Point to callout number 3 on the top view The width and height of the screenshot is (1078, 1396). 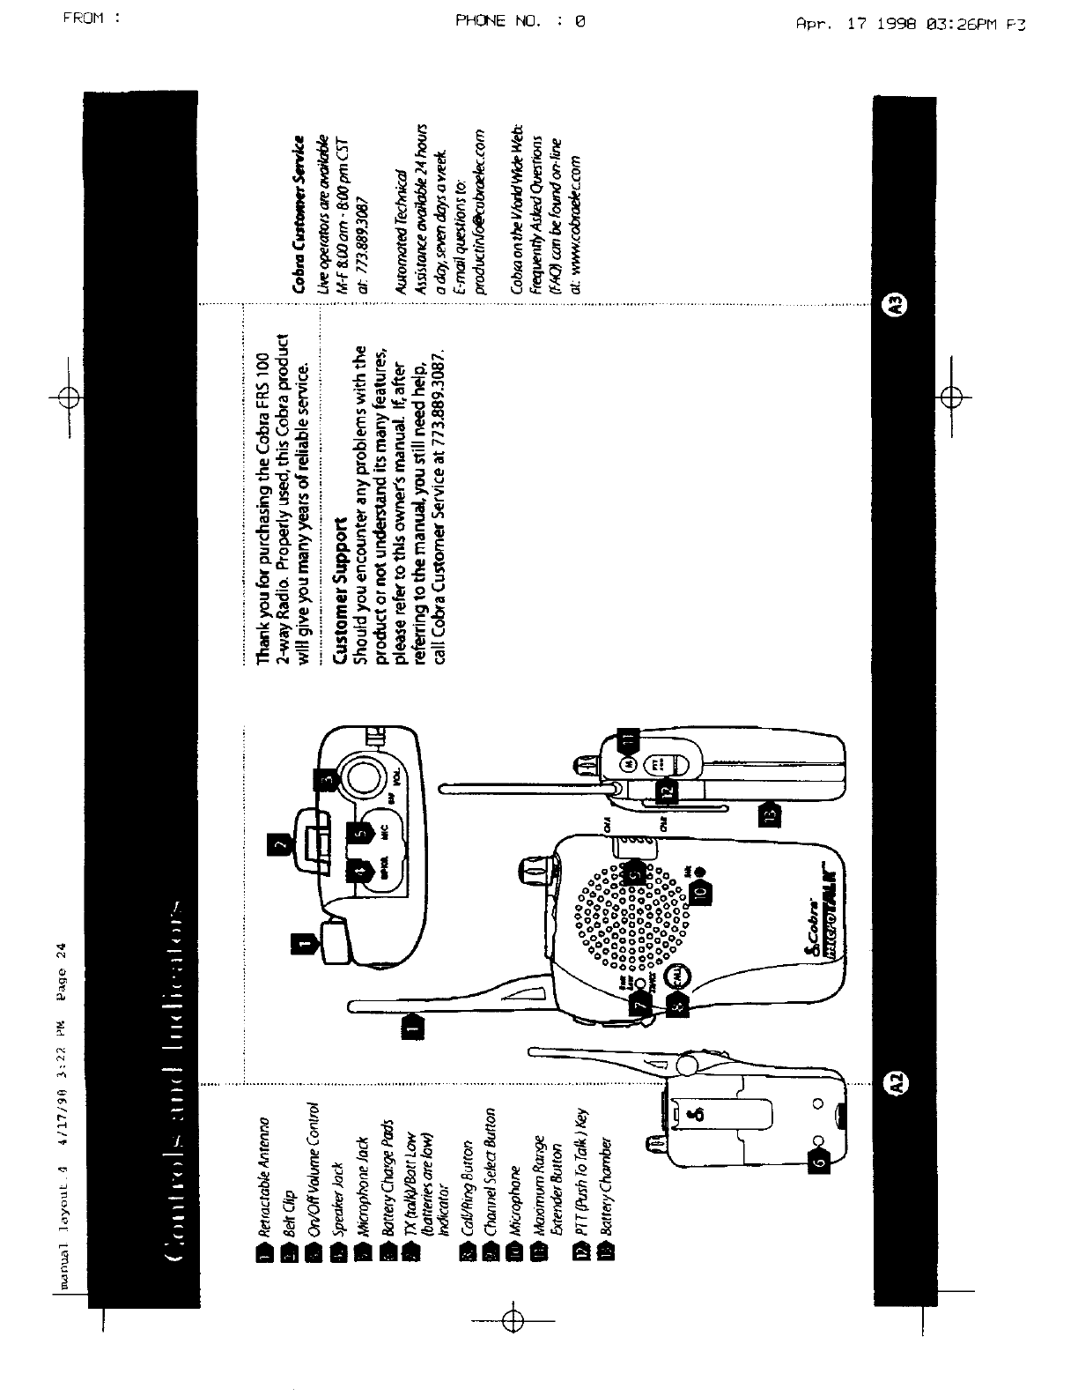(x=326, y=779)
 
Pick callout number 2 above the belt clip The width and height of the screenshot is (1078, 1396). (x=280, y=845)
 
